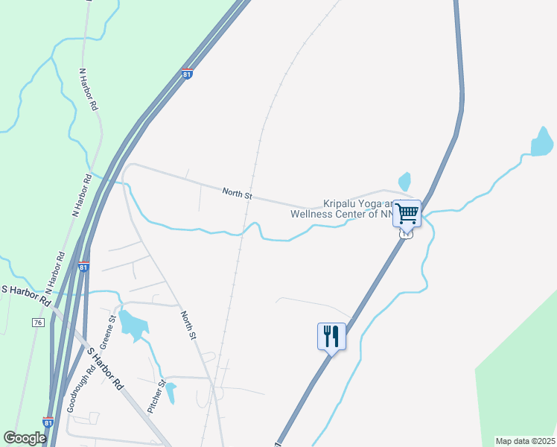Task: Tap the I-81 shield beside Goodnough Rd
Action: (x=48, y=422)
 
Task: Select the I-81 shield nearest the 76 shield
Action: (x=83, y=267)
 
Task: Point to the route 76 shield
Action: (x=37, y=323)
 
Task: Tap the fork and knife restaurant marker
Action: (x=331, y=336)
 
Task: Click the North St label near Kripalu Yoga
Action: (x=238, y=195)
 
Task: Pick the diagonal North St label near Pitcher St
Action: (x=188, y=326)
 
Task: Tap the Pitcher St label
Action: (x=155, y=397)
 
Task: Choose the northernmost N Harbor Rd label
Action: (x=88, y=90)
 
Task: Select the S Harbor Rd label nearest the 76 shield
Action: (x=25, y=295)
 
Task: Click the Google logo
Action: (x=25, y=438)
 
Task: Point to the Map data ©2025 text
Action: (x=524, y=441)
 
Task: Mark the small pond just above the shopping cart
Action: (x=404, y=181)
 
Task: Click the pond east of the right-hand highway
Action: (x=542, y=142)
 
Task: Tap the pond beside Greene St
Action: (x=131, y=323)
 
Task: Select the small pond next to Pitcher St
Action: (x=171, y=391)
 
